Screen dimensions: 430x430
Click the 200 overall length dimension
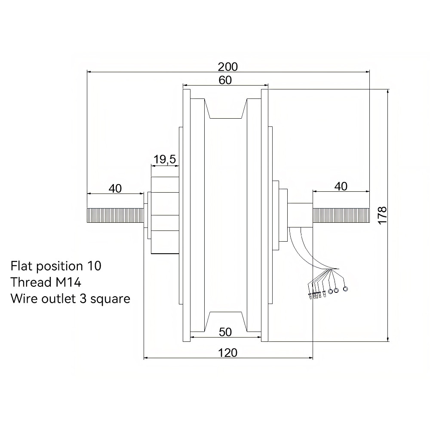[x=227, y=67]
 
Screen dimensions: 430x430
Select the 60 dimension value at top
[x=225, y=80]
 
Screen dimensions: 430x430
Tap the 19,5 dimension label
[x=165, y=160]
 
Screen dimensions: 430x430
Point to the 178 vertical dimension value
[x=382, y=215]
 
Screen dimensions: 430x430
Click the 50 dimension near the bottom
[x=225, y=332]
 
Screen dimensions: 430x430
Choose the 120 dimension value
[x=227, y=353]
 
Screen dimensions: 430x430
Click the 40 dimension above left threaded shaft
[x=115, y=188]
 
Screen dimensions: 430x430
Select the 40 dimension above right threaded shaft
[x=341, y=187]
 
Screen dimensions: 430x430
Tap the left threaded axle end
[x=115, y=215]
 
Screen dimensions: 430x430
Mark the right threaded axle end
[x=341, y=215]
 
